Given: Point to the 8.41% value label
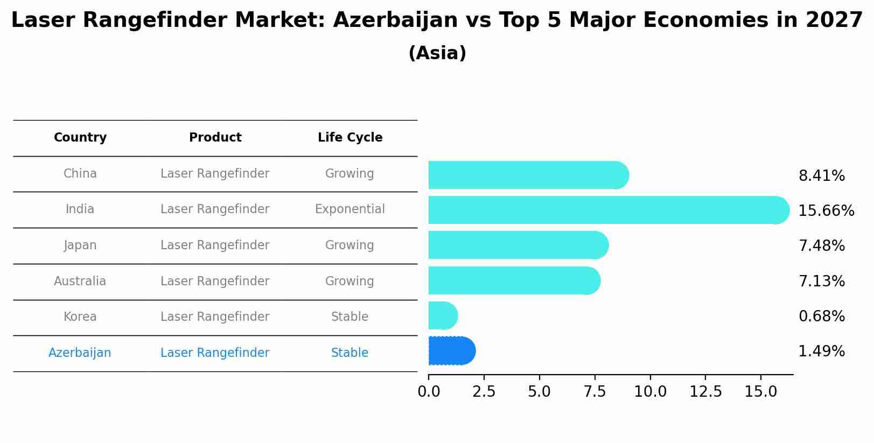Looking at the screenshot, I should click(x=821, y=176).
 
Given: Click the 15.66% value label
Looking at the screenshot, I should click(x=826, y=211).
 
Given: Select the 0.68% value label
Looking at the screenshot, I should click(x=821, y=317).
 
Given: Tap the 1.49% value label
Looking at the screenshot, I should click(x=821, y=351).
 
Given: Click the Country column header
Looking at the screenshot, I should click(x=80, y=138).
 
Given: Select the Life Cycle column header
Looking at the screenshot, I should click(x=350, y=138).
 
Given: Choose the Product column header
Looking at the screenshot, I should click(x=215, y=138).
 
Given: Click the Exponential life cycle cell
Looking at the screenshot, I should click(x=349, y=209).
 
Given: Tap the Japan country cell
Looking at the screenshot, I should click(x=80, y=245).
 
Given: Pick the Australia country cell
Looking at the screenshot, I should click(x=80, y=282).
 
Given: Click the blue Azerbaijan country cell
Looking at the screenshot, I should click(x=80, y=353).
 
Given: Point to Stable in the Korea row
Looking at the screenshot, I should click(x=349, y=317).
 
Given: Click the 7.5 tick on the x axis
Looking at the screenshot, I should click(x=595, y=392).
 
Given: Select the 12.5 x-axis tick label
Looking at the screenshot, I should click(x=705, y=392).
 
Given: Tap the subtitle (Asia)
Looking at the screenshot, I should click(x=437, y=53).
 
